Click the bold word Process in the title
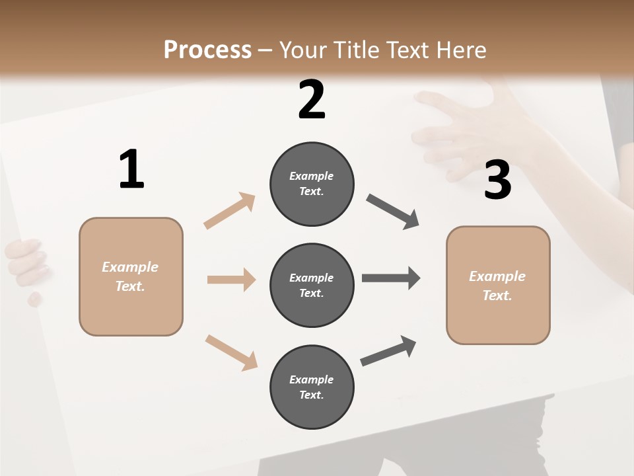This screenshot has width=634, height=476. tap(207, 50)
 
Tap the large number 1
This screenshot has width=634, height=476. tap(131, 169)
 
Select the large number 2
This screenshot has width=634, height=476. tap(312, 100)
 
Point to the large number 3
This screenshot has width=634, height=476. tap(497, 180)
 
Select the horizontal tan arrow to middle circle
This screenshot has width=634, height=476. tap(231, 280)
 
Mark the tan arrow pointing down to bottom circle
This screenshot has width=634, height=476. tap(231, 352)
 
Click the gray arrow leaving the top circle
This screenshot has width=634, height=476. tap(393, 212)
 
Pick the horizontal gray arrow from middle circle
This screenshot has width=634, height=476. tap(391, 278)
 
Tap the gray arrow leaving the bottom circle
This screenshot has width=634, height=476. tap(388, 351)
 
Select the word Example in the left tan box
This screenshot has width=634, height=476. tap(130, 267)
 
